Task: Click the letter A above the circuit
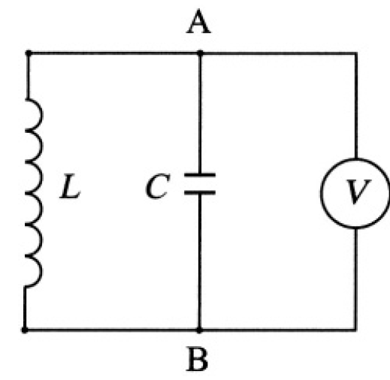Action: pyautogui.click(x=198, y=21)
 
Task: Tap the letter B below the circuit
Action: pyautogui.click(x=198, y=359)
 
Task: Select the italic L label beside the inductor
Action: pyautogui.click(x=70, y=186)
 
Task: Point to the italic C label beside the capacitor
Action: pyautogui.click(x=158, y=186)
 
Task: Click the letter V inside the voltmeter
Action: pyautogui.click(x=358, y=192)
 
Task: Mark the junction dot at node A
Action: pyautogui.click(x=200, y=53)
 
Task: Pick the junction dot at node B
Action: pyautogui.click(x=199, y=330)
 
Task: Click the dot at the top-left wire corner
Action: pyautogui.click(x=29, y=53)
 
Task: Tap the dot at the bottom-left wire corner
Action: pyautogui.click(x=25, y=330)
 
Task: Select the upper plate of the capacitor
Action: pyautogui.click(x=200, y=175)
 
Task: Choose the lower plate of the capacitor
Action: pyautogui.click(x=200, y=192)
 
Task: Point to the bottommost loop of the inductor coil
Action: pyautogui.click(x=41, y=271)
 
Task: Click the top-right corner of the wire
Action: pyautogui.click(x=356, y=53)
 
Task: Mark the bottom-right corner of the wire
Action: pyautogui.click(x=355, y=330)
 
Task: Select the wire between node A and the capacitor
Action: pyautogui.click(x=200, y=113)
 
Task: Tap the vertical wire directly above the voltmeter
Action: pyautogui.click(x=356, y=105)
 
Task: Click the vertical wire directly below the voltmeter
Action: pyautogui.click(x=355, y=279)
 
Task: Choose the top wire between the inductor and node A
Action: pyautogui.click(x=114, y=53)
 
